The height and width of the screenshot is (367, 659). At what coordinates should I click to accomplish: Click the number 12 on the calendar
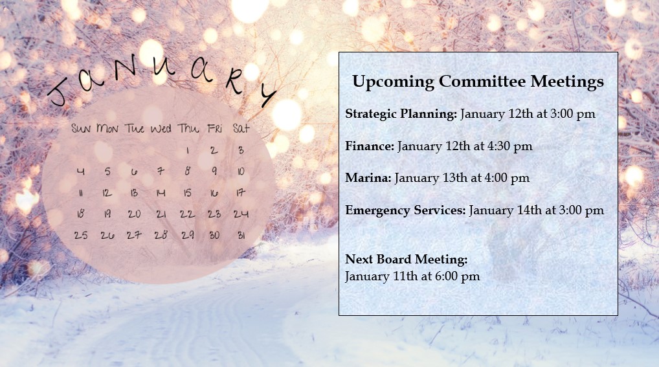tap(107, 193)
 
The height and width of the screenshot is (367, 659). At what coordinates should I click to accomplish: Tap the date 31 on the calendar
tap(241, 236)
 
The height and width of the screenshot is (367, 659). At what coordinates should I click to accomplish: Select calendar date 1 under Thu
tap(188, 151)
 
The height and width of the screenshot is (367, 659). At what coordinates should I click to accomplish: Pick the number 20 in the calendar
tap(134, 214)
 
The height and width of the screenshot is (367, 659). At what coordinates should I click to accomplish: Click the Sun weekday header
tap(81, 128)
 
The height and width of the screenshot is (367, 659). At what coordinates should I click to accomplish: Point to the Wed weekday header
tap(161, 129)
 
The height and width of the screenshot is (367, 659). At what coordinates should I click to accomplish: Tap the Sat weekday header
tap(241, 128)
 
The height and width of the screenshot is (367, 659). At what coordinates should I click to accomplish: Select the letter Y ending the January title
tap(267, 95)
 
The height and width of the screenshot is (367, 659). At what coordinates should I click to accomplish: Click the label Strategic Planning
tap(401, 114)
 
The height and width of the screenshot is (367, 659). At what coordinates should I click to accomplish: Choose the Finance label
tap(370, 146)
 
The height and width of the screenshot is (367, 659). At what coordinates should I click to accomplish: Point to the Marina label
tap(368, 178)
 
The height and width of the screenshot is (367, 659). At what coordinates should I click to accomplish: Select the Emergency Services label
tap(406, 210)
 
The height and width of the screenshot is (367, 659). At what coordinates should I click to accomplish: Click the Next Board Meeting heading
tap(407, 260)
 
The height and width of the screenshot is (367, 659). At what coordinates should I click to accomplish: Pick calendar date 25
tap(81, 236)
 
